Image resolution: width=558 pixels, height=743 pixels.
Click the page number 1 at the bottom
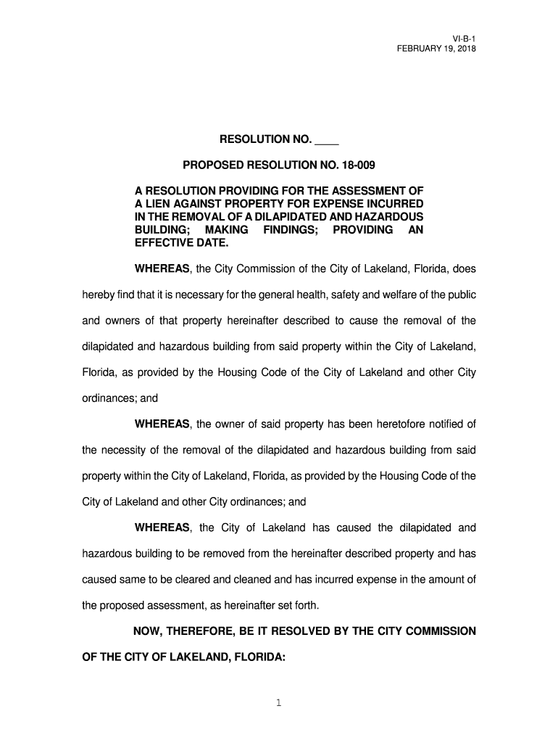pos(279,702)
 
